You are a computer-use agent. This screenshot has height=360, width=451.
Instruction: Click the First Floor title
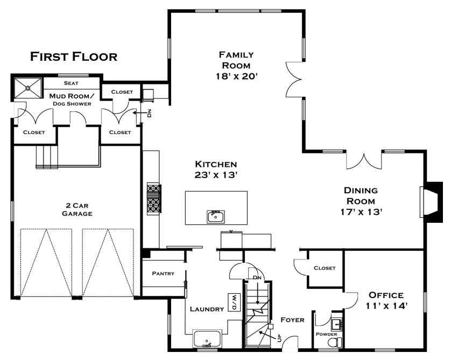click(x=73, y=57)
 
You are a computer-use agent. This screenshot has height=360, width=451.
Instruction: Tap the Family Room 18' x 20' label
click(x=236, y=65)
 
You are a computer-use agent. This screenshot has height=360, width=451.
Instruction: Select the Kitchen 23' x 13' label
click(x=216, y=169)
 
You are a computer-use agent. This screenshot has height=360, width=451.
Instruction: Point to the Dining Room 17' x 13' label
click(x=361, y=201)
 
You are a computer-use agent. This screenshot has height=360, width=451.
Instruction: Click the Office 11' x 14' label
click(x=386, y=300)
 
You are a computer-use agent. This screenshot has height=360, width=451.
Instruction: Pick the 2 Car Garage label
click(x=76, y=209)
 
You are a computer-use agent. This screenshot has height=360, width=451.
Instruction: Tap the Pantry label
click(x=163, y=273)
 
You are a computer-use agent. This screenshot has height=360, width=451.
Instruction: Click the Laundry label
click(x=207, y=309)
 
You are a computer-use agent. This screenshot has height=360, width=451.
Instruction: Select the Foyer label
click(x=292, y=320)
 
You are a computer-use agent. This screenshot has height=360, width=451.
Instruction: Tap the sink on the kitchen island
click(x=216, y=216)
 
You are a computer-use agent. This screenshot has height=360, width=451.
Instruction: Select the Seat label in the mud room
click(x=71, y=83)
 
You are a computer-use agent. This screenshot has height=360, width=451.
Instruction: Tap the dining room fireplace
click(x=430, y=201)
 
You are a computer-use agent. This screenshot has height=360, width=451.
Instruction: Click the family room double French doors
click(x=295, y=80)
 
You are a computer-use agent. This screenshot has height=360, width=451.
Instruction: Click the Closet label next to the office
click(x=324, y=268)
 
